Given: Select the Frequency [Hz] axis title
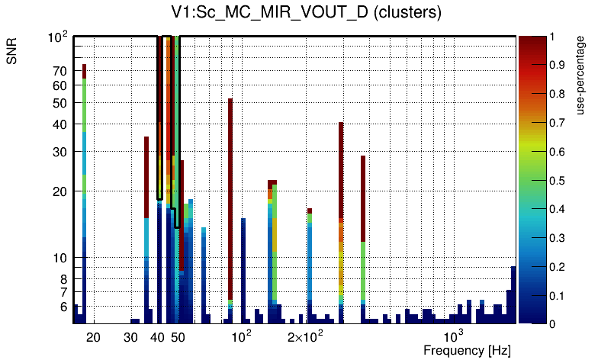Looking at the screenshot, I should click(x=467, y=351).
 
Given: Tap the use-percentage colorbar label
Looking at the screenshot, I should click(x=581, y=74).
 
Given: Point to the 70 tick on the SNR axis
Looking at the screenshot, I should click(x=60, y=71).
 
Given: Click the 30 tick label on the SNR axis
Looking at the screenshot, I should click(x=60, y=151).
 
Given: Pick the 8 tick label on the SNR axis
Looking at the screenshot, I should click(x=64, y=278).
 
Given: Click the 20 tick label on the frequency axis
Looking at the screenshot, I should click(x=93, y=336).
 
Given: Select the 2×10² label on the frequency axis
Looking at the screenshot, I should click(x=306, y=336).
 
